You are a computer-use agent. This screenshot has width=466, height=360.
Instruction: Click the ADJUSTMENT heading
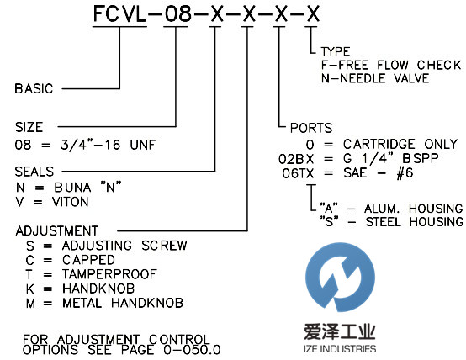[x=56, y=230]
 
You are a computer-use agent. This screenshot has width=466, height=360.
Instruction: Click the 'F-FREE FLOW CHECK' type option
[x=392, y=65]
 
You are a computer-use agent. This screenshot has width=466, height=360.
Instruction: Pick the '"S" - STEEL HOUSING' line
[x=391, y=221]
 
